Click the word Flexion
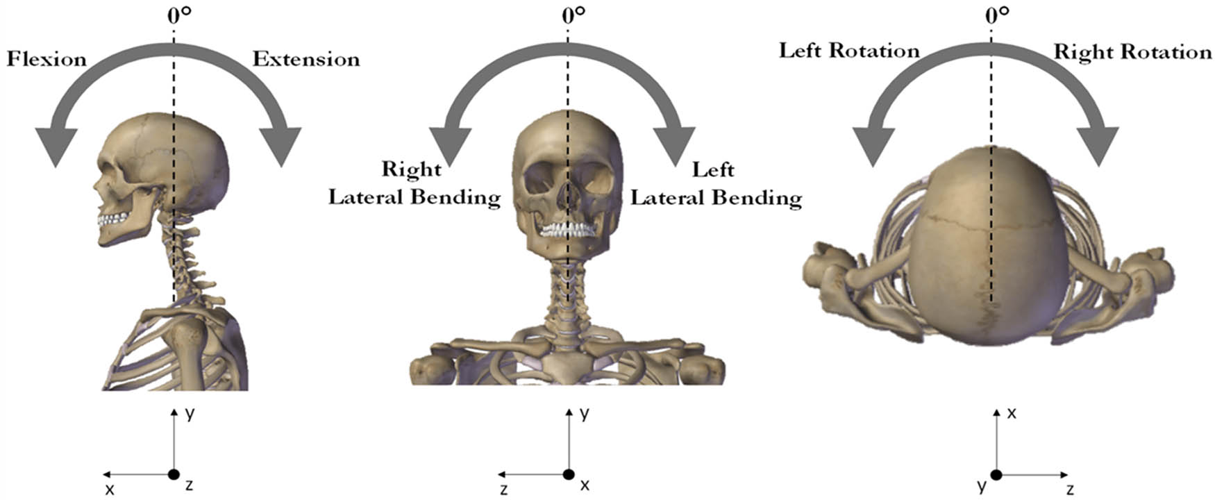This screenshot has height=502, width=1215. (x=47, y=60)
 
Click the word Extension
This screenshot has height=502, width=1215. (x=306, y=60)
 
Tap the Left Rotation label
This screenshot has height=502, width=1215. (x=848, y=51)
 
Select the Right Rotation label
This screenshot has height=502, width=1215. (x=1132, y=52)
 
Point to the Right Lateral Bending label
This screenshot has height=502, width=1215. (x=414, y=184)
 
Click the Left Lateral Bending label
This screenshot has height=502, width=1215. (x=716, y=184)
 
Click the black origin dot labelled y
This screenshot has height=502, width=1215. (x=997, y=476)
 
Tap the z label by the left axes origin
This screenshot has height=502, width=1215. (x=189, y=485)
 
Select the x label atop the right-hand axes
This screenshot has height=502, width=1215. (x=1012, y=414)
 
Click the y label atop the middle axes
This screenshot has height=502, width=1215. (x=585, y=414)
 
